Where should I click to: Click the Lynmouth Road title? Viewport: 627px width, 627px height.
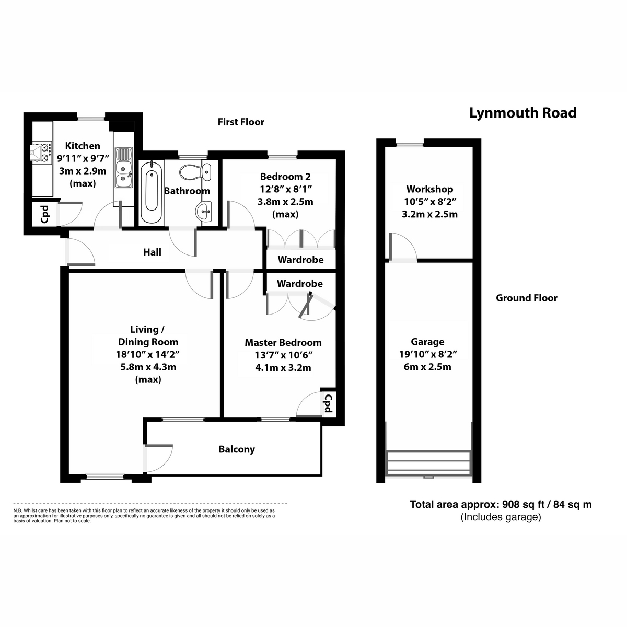[x=522, y=113]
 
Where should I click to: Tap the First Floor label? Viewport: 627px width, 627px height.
[x=241, y=122]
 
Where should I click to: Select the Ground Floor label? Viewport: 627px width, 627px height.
[x=526, y=298]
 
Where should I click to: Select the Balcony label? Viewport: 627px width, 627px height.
[x=237, y=449]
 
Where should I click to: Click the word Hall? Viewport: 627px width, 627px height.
[x=152, y=252]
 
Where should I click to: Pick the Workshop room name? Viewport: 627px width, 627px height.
[x=429, y=189]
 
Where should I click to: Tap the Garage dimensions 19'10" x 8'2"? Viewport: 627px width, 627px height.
[x=428, y=354]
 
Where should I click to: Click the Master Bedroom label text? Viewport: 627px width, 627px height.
[x=283, y=343]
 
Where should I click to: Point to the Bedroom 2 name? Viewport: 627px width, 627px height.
[x=285, y=177]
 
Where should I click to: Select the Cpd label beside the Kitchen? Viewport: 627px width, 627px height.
[x=45, y=214]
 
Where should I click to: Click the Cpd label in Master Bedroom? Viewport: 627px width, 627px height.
[x=328, y=403]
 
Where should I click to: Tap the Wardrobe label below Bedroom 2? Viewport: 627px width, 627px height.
[x=300, y=260]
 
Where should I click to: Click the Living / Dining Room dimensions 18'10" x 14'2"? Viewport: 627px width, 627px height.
[x=148, y=354]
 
